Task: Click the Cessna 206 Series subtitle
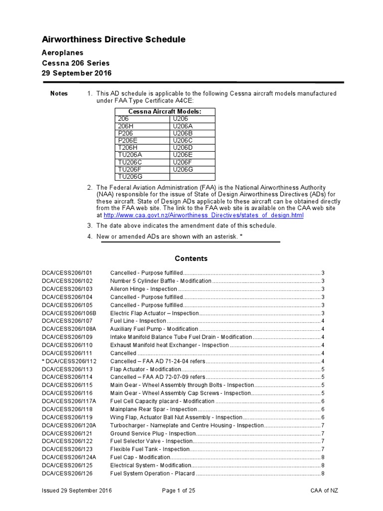pyautogui.click(x=75, y=63)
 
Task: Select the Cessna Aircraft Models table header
pyautogui.click(x=165, y=111)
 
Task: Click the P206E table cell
pyautogui.click(x=128, y=141)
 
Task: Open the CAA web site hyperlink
pyautogui.click(x=203, y=215)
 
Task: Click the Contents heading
pyautogui.click(x=191, y=258)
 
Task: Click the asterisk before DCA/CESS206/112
pyautogui.click(x=43, y=361)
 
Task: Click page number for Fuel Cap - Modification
pyautogui.click(x=323, y=457)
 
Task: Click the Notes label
pyautogui.click(x=59, y=94)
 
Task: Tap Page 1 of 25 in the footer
pyautogui.click(x=179, y=491)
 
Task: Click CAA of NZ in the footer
pyautogui.click(x=324, y=491)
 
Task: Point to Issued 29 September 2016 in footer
pyautogui.click(x=77, y=491)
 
